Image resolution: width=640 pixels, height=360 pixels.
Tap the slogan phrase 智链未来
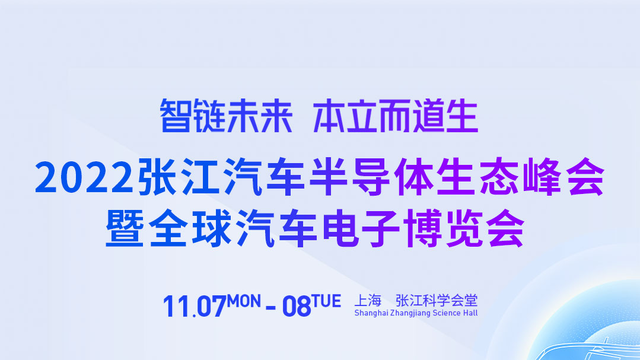pos(226,116)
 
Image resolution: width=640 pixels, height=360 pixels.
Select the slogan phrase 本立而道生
pos(396,116)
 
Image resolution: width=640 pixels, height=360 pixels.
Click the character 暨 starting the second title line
pos(125,228)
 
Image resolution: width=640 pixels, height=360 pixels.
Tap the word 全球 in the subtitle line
pos(190,228)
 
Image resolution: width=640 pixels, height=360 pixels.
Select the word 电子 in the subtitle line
pos(361,228)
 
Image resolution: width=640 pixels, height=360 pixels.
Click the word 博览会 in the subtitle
pos(464,228)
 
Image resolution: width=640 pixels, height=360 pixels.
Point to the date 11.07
pos(195,306)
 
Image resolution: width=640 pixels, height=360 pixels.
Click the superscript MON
pos(244,301)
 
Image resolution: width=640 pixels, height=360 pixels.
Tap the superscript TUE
pos(326,301)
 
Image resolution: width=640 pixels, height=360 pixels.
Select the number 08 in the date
pos(297,306)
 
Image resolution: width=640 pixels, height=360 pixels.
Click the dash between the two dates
pos(270,307)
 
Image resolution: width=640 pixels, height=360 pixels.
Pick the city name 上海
pos(368,301)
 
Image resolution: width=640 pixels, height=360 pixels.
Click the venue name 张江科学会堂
pos(437,301)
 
